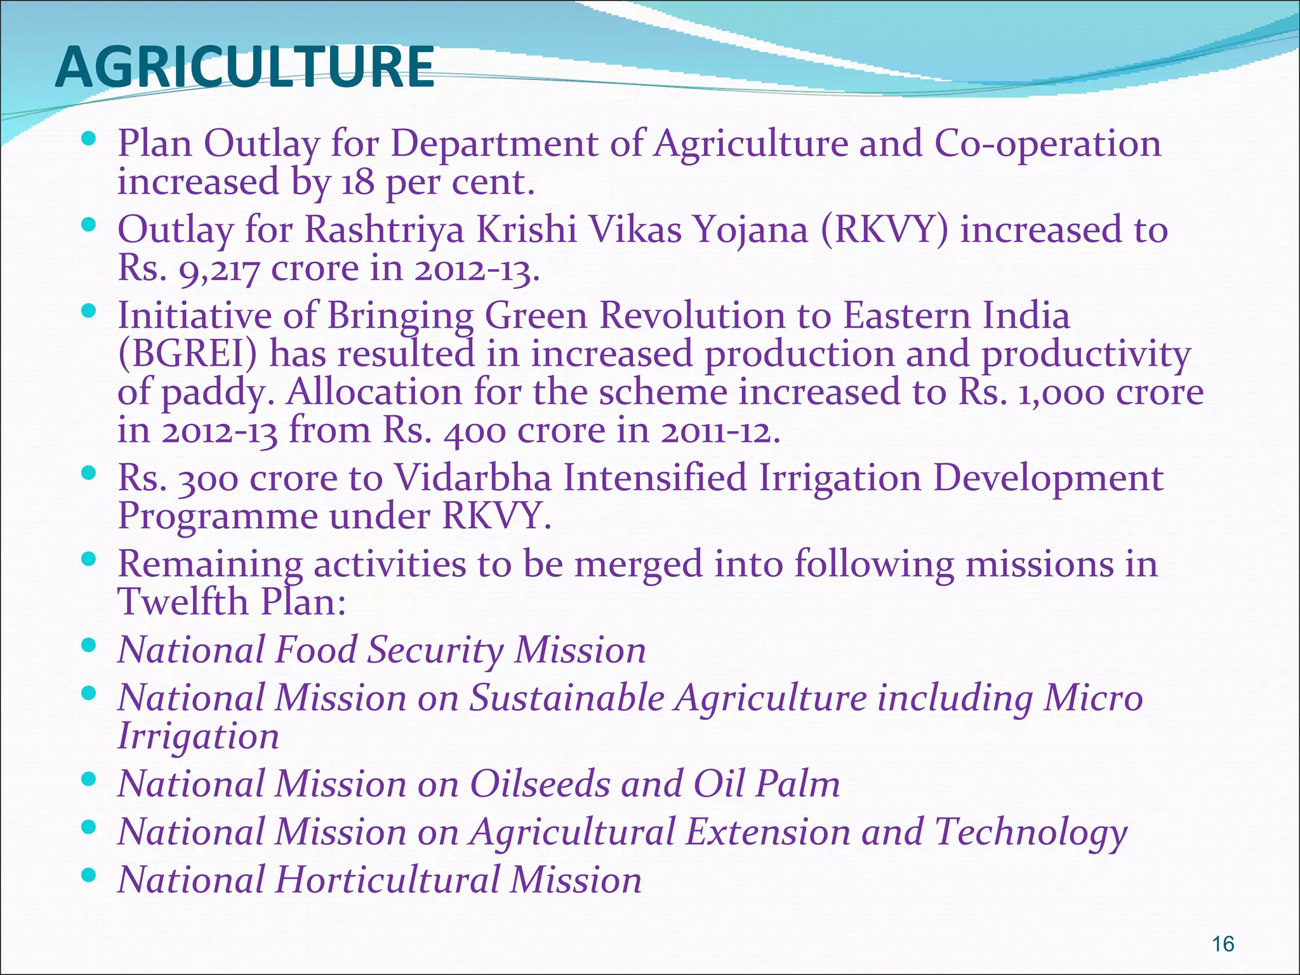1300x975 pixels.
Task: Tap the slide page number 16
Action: [1223, 944]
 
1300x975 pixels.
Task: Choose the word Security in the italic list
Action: [435, 650]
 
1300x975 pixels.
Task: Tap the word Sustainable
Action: [566, 698]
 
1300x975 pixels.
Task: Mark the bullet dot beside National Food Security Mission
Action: [89, 646]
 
